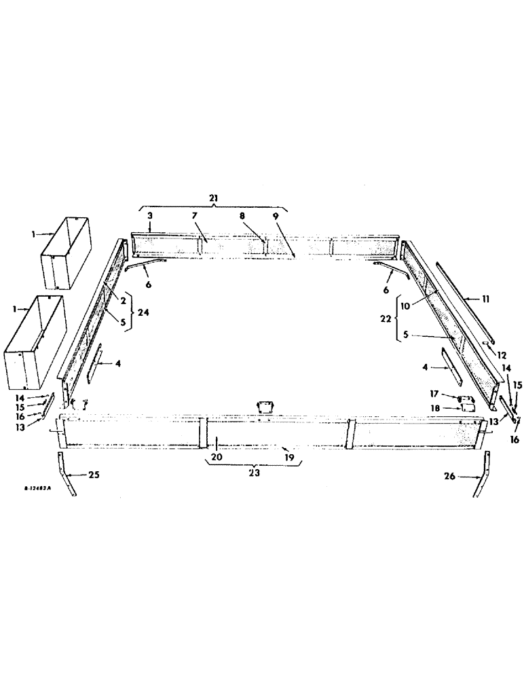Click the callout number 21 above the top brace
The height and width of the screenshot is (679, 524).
point(214,197)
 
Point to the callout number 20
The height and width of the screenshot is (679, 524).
point(215,458)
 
